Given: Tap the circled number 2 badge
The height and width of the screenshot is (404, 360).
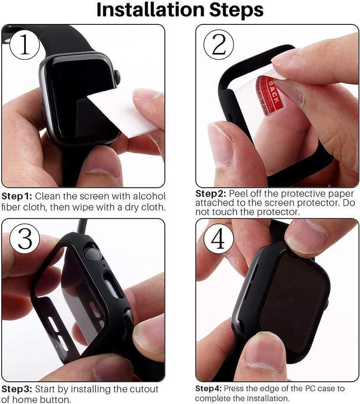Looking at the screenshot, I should tap(219, 46).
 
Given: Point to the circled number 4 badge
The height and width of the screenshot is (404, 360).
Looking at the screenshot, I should tap(218, 240).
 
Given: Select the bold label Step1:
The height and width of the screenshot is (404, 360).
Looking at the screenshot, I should tap(17, 197).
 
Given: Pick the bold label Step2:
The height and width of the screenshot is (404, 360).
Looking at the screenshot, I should tap(211, 194).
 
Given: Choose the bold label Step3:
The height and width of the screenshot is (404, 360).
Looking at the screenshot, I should tap(17, 389).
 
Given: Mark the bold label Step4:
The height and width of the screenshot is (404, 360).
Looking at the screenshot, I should tap(209, 388).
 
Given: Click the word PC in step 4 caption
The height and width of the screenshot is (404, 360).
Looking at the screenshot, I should tap(310, 388).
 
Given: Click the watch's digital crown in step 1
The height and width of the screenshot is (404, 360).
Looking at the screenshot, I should tap(118, 77).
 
